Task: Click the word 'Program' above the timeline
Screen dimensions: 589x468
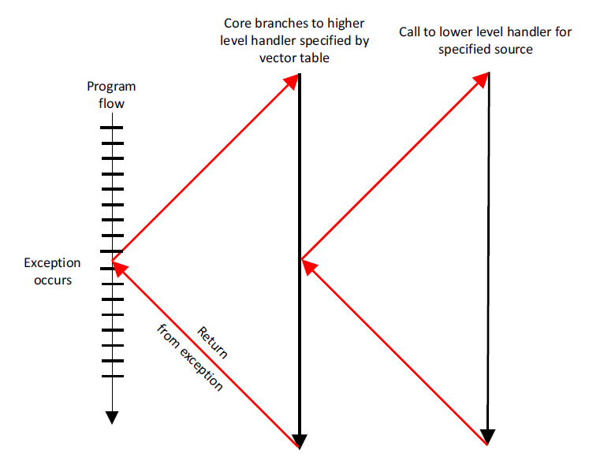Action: point(111,87)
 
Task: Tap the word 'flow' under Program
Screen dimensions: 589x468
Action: point(111,103)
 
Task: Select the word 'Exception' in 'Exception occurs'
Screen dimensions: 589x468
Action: point(52,263)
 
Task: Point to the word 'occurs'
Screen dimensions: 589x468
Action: point(53,280)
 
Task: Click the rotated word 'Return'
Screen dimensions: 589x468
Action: point(213,342)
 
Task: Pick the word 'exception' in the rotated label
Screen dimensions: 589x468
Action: point(201,370)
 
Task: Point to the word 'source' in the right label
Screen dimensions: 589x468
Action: point(514,50)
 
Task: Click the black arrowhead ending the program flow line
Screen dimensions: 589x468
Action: point(112,418)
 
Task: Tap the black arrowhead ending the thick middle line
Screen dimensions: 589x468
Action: point(300,441)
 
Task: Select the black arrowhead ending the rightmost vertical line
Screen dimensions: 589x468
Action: point(487,436)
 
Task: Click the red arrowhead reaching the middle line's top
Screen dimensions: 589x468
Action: point(292,81)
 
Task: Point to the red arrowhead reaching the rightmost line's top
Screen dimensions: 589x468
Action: point(481,80)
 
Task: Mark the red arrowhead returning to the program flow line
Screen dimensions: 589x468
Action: point(119,268)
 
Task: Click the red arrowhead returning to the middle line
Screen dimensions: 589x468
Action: point(309,266)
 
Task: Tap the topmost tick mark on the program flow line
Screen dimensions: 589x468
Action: point(111,128)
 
